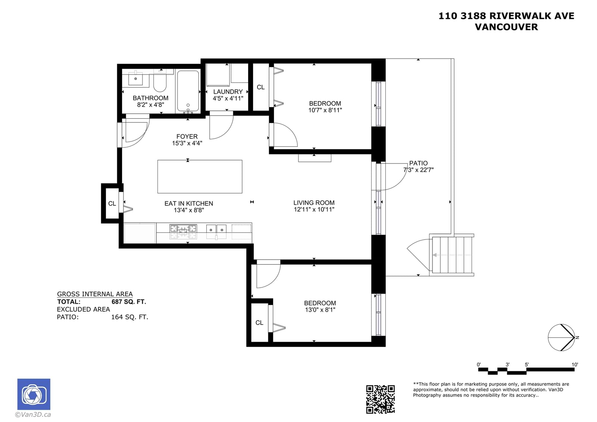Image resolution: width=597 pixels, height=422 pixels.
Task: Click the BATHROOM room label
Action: (x=150, y=98)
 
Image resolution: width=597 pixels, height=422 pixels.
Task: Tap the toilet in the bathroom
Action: (x=160, y=81)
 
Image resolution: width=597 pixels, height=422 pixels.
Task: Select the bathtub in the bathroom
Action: (x=188, y=91)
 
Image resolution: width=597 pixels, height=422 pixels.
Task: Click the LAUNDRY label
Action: (x=228, y=92)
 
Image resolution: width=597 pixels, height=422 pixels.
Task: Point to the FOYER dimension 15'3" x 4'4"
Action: (x=187, y=143)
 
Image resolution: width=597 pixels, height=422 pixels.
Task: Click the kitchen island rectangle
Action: (x=200, y=176)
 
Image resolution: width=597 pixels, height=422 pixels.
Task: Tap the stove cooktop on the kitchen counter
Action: (x=183, y=231)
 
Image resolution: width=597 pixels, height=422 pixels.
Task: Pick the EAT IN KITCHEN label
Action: (x=189, y=203)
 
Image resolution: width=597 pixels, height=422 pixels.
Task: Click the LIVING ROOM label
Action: (x=314, y=203)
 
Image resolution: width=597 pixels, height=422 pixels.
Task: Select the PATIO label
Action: (x=418, y=163)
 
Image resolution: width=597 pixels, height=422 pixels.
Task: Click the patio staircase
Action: (x=452, y=255)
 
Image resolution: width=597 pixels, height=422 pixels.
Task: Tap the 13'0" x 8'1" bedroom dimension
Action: (x=320, y=309)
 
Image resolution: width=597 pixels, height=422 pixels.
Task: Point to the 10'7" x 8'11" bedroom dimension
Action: (x=325, y=110)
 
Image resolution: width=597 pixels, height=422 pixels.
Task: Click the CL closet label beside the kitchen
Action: (x=112, y=204)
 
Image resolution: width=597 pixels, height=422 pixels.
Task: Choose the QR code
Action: (x=380, y=399)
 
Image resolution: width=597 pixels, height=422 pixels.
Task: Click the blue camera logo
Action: (x=34, y=394)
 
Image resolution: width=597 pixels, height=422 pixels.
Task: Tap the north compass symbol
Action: (x=561, y=338)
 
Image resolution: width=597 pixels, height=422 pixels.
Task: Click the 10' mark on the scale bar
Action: (x=575, y=365)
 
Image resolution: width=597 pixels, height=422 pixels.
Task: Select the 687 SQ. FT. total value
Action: (x=129, y=302)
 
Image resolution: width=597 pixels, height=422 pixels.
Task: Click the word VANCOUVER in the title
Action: (x=506, y=27)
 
